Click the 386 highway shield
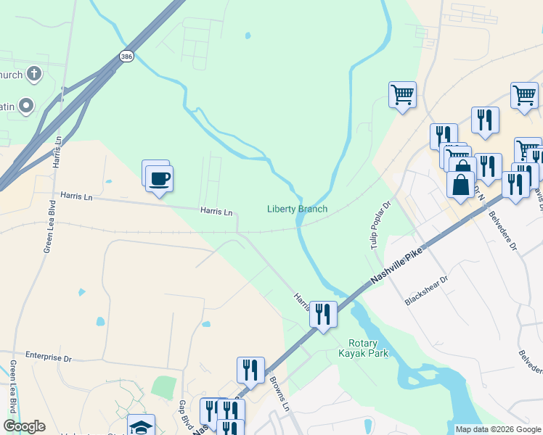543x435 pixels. pos(126,56)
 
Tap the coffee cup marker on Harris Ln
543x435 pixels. pos(159,178)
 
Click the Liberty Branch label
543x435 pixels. pos(297,209)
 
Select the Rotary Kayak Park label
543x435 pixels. pos(363,349)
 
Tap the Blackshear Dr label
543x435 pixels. pos(428,289)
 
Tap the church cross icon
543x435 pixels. pos(33,73)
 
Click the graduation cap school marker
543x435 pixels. pos(141,426)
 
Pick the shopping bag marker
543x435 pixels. pos(460,183)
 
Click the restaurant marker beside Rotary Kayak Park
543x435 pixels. pos(323,314)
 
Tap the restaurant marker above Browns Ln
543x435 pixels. pos(250,369)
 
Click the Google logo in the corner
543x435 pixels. pos(24,426)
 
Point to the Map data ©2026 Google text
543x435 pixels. pos(498,429)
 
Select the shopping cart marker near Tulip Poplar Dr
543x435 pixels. pos(402,94)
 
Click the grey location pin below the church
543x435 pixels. pos(27,106)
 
